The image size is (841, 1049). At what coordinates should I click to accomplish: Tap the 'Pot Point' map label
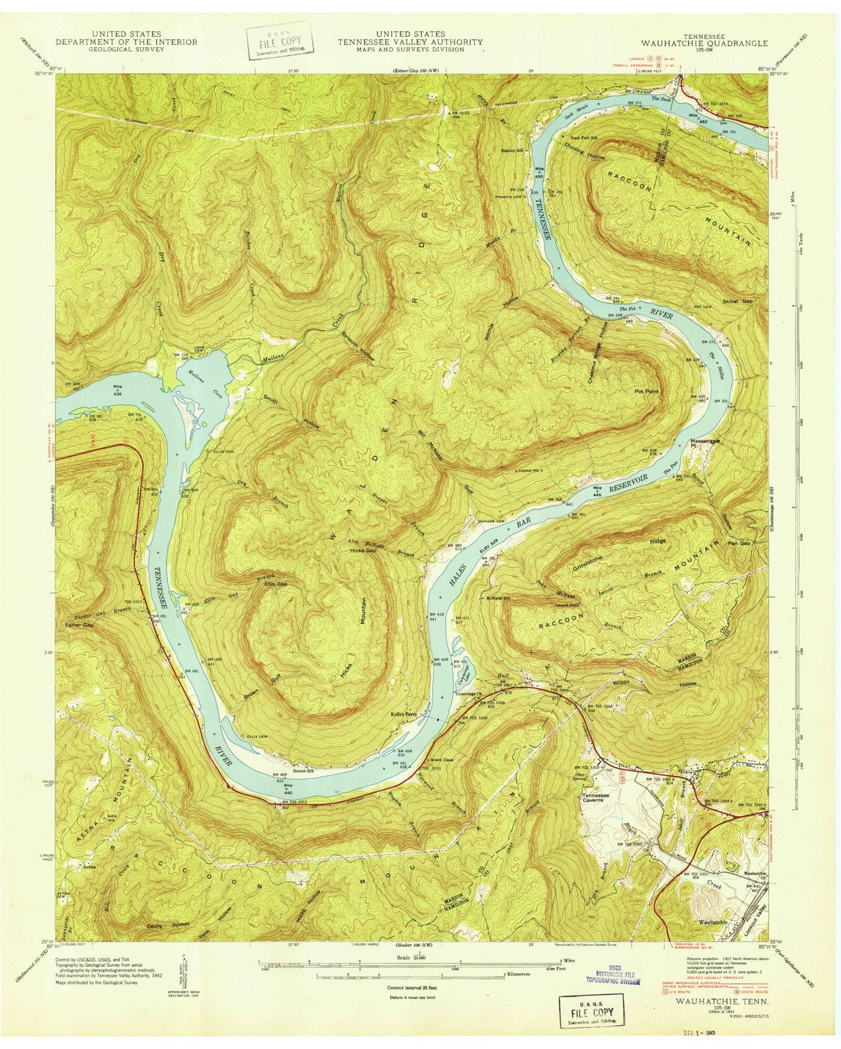(x=647, y=392)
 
